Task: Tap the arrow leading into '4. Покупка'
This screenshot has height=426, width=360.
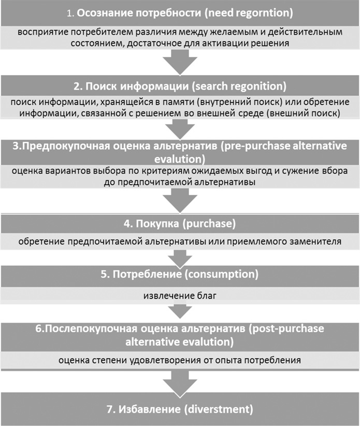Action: (180, 200)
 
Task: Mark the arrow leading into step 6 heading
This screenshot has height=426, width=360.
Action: (180, 310)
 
